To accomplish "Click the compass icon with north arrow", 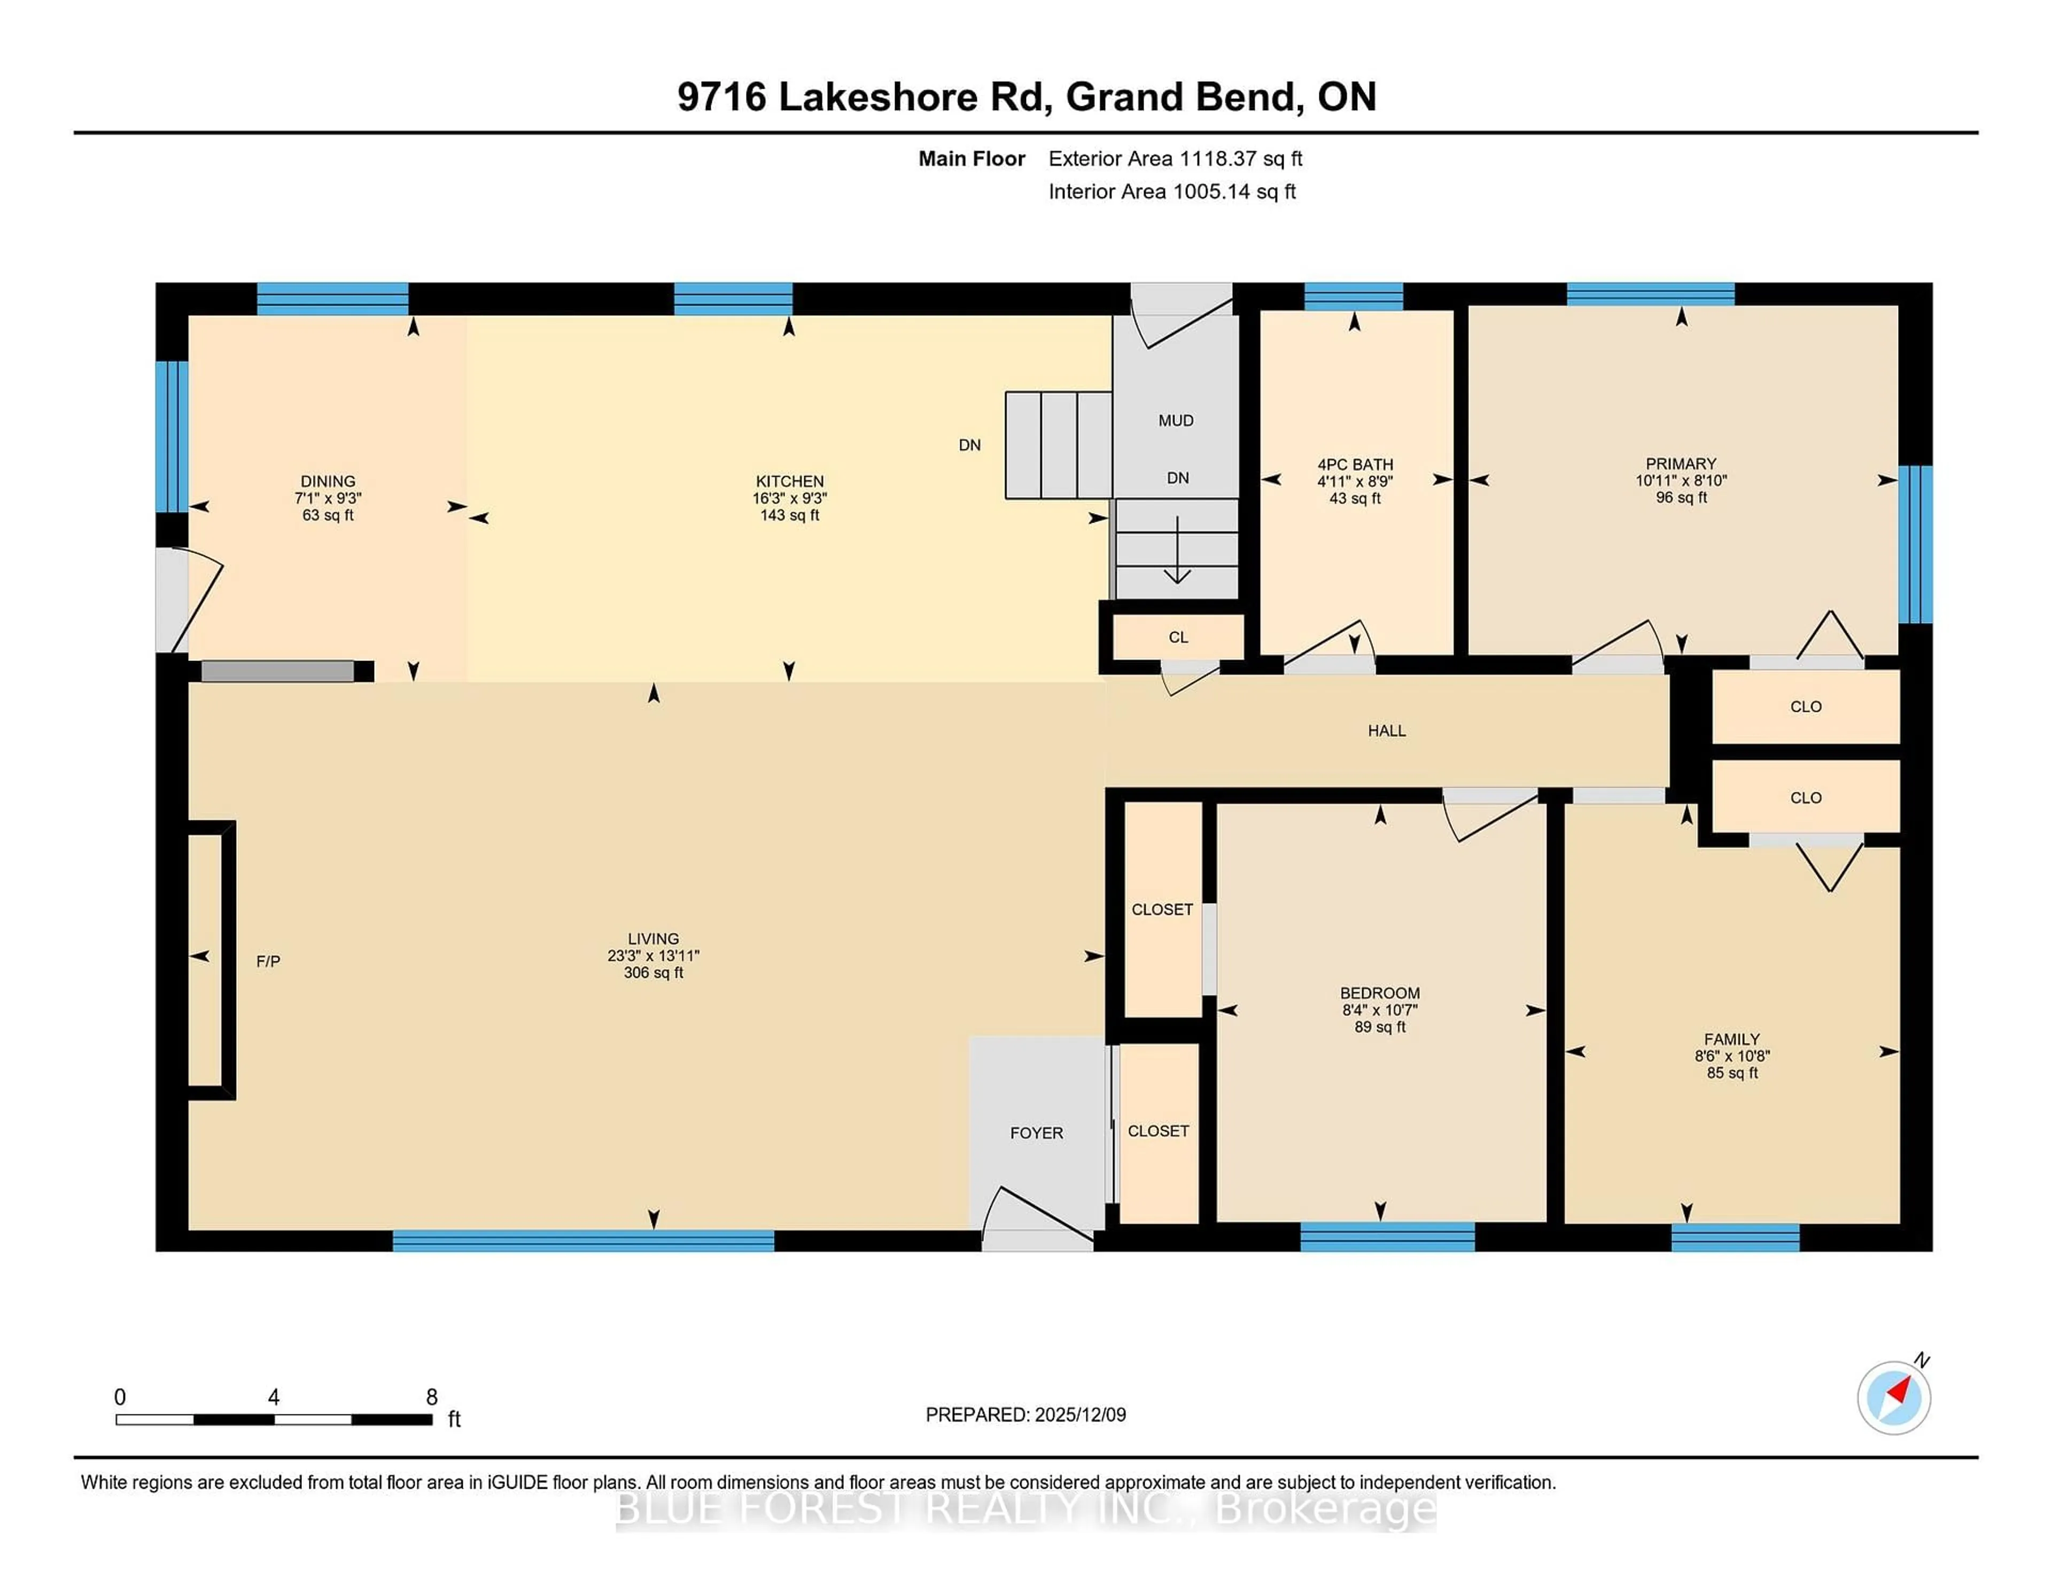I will [1893, 1397].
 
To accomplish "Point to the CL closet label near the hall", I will [1178, 637].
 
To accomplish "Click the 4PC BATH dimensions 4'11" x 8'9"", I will [1355, 481].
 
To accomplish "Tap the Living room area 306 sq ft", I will [653, 973].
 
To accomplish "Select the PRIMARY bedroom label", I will [1681, 463].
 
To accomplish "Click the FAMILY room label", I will [1731, 1039].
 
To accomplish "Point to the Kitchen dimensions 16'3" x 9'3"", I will [789, 498].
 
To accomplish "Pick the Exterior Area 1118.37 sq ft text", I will [1176, 159].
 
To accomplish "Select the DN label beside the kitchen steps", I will [970, 445].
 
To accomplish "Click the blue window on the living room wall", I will [582, 1240].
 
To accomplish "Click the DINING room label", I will [328, 481].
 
